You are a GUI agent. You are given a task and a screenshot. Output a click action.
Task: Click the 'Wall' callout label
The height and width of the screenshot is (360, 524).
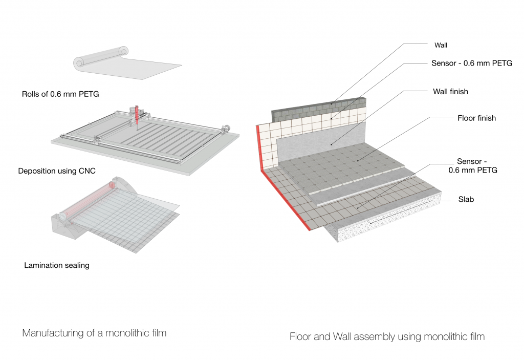click(440, 45)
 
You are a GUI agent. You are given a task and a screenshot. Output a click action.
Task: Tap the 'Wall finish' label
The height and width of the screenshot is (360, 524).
click(450, 92)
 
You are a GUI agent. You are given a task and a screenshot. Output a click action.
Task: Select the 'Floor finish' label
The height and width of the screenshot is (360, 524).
click(476, 118)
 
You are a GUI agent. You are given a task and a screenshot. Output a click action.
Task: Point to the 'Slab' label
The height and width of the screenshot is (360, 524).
click(466, 199)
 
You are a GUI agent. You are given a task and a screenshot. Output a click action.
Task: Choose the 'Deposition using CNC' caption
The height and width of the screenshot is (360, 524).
click(56, 171)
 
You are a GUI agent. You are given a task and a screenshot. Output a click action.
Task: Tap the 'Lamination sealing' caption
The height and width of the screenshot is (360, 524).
click(57, 265)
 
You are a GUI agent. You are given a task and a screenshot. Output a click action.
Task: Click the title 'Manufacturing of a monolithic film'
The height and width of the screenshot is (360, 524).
click(94, 333)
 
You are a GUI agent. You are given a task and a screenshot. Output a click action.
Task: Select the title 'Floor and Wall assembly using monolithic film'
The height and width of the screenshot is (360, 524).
click(387, 336)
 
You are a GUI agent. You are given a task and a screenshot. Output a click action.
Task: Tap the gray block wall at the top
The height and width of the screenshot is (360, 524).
click(307, 108)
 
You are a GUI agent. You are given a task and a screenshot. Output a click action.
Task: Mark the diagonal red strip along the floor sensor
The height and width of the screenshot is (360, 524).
click(289, 202)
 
